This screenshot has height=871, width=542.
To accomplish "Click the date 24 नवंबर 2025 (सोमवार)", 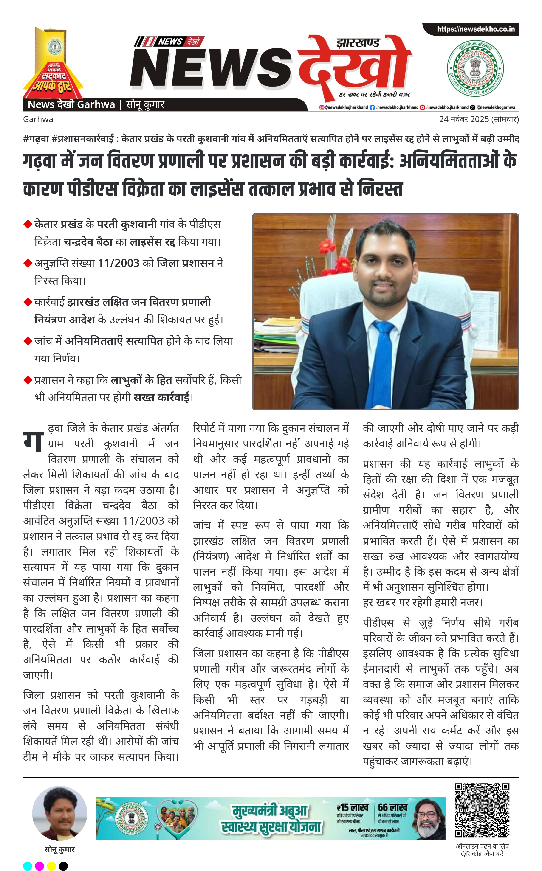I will (x=479, y=119).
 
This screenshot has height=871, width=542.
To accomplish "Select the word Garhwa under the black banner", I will (x=38, y=119).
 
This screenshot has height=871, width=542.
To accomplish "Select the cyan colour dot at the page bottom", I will (x=28, y=866).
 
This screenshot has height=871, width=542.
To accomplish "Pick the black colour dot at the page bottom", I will (x=63, y=866).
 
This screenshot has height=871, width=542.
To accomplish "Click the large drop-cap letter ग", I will (x=33, y=440).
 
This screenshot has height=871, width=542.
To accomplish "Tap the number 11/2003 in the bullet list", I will (x=118, y=263).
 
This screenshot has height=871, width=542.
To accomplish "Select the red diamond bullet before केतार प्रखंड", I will (x=28, y=224).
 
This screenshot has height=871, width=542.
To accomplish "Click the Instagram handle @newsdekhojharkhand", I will (x=344, y=107).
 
